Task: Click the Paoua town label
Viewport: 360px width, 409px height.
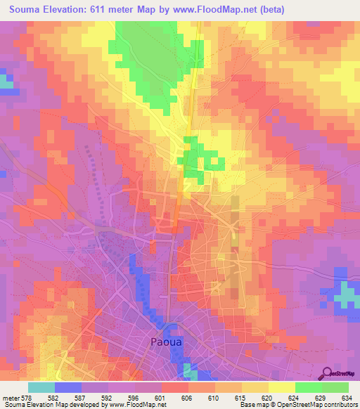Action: pyautogui.click(x=169, y=343)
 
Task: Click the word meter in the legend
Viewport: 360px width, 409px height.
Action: pyautogui.click(x=11, y=398)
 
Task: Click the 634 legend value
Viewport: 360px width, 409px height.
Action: pyautogui.click(x=347, y=398)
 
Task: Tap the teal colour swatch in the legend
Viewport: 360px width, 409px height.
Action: pyautogui.click(x=41, y=387)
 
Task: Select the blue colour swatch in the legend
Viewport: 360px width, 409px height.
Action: pyautogui.click(x=67, y=387)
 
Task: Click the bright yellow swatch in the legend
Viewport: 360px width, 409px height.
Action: pyautogui.click(x=281, y=387)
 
